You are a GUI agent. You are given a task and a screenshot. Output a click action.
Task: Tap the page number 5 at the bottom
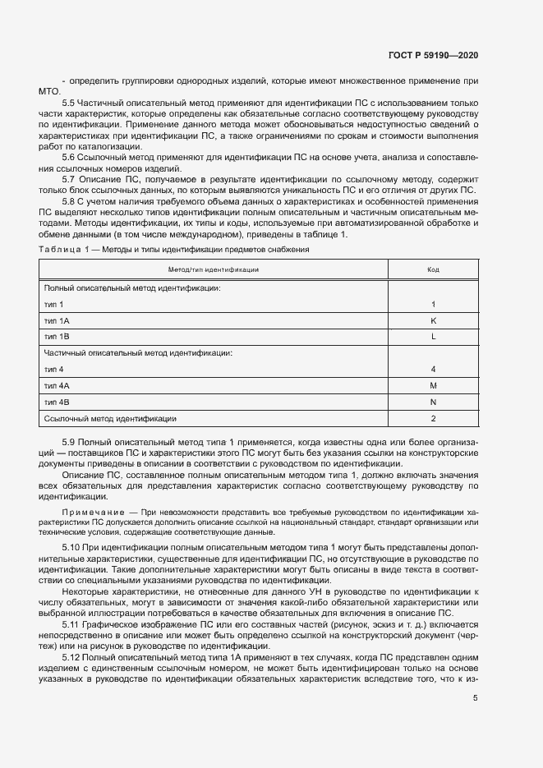click(x=476, y=699)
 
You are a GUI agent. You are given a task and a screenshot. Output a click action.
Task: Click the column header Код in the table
click(x=433, y=269)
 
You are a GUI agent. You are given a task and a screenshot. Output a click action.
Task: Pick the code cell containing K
click(x=433, y=320)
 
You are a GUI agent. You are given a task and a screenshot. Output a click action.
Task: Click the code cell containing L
click(x=433, y=337)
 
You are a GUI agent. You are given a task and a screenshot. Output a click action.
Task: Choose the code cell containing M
click(x=433, y=385)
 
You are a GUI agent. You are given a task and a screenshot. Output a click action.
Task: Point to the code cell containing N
click(x=433, y=402)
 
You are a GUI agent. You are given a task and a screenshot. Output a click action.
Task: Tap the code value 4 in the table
click(x=433, y=370)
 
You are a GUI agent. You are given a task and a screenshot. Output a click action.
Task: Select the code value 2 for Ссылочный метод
click(x=433, y=419)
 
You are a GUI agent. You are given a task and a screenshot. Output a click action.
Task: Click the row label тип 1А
click(x=57, y=320)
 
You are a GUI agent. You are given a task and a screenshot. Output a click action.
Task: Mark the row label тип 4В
click(x=57, y=402)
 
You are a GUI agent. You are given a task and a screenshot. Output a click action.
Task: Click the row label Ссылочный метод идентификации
click(x=110, y=419)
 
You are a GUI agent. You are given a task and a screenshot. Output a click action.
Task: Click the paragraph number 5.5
click(x=69, y=103)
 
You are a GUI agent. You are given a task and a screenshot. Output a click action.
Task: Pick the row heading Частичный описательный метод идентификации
click(x=138, y=353)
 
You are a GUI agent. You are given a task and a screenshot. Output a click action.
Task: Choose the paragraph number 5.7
click(x=69, y=178)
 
